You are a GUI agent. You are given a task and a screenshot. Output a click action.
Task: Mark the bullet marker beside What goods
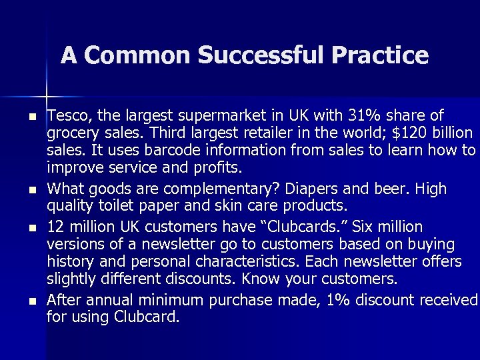click(31, 191)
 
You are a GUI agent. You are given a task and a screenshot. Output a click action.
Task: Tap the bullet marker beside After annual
click(31, 303)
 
